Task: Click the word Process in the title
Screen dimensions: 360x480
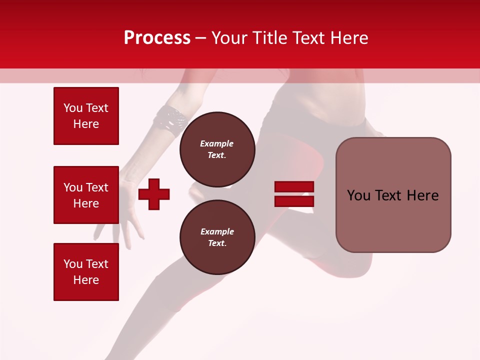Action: pyautogui.click(x=157, y=38)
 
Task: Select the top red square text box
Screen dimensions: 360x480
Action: pyautogui.click(x=86, y=116)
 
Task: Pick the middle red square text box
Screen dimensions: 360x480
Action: pyautogui.click(x=86, y=195)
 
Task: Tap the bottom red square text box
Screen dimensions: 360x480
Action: pyautogui.click(x=86, y=272)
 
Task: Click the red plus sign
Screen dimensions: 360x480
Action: pyautogui.click(x=154, y=194)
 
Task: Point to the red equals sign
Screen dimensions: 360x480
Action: pyautogui.click(x=294, y=194)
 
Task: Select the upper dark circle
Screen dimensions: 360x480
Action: pyautogui.click(x=217, y=149)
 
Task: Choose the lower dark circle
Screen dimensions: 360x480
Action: pyautogui.click(x=217, y=237)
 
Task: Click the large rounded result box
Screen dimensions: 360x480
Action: pyautogui.click(x=393, y=195)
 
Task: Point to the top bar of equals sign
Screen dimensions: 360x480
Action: pyautogui.click(x=294, y=186)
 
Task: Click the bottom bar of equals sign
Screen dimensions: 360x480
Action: pyautogui.click(x=294, y=201)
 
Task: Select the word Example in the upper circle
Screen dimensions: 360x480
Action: pyautogui.click(x=216, y=143)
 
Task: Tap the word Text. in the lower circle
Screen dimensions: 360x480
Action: pyautogui.click(x=216, y=243)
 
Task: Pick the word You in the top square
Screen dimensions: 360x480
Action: pyautogui.click(x=73, y=108)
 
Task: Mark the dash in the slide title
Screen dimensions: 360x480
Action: pyautogui.click(x=201, y=38)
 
